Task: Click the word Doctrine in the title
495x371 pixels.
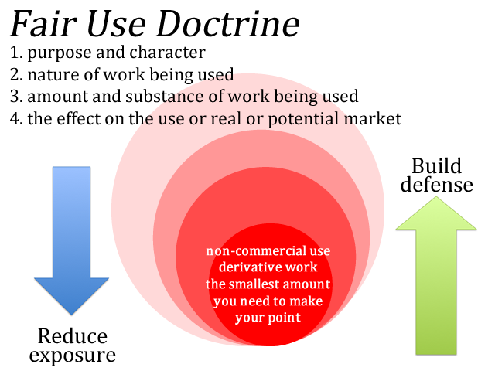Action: (x=228, y=24)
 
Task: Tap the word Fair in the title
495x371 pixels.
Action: (x=43, y=24)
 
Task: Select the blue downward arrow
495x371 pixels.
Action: (x=71, y=240)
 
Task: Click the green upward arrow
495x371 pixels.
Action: (x=436, y=276)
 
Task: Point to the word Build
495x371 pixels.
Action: (x=436, y=166)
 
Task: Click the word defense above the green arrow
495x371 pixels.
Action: (x=436, y=184)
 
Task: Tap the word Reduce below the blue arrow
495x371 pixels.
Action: (x=73, y=336)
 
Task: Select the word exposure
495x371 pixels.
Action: (x=72, y=356)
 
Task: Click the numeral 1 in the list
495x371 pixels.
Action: (x=14, y=53)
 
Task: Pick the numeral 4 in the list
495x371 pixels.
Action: (x=15, y=119)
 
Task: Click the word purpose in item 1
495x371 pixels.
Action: (x=60, y=53)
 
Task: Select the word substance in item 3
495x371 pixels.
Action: (x=165, y=96)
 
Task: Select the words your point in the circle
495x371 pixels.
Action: (x=268, y=318)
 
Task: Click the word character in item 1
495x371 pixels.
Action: (x=167, y=53)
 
